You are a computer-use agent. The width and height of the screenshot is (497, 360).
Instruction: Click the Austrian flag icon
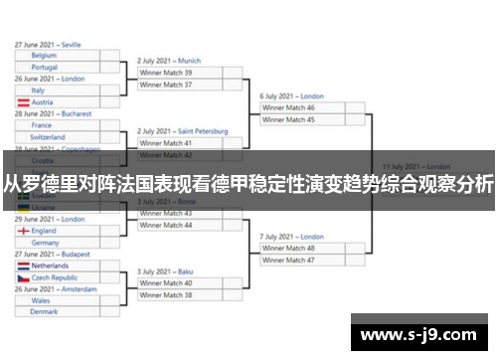pos(22,102)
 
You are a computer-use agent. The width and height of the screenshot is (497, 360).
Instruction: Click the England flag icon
pos(22,231)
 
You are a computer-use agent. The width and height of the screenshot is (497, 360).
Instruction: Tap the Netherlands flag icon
pos(22,267)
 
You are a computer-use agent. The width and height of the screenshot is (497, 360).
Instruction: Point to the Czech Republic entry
pos(56,278)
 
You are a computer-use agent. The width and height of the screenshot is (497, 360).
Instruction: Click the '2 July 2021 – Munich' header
pos(169,61)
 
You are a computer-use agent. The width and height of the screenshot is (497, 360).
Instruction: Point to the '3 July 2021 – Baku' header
pos(165,271)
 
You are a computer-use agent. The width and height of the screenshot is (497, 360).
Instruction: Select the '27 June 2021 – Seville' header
pos(48,45)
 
